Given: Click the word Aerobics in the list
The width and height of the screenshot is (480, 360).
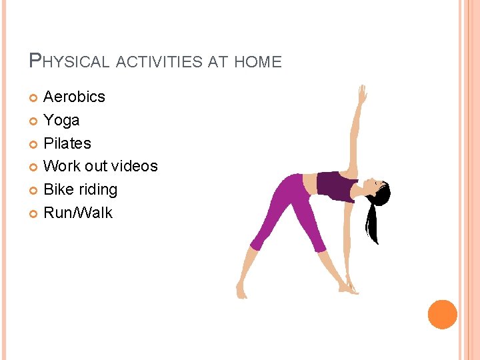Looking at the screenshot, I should (x=74, y=97).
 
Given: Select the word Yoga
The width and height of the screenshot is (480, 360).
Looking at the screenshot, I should (x=61, y=120).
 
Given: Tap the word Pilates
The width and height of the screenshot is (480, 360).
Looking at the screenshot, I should (x=67, y=143).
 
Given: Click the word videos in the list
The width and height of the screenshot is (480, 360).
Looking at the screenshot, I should (x=134, y=166).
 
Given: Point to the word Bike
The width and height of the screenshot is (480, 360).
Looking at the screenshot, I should (x=58, y=189).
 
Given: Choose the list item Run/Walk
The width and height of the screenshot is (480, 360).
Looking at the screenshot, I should (x=78, y=213).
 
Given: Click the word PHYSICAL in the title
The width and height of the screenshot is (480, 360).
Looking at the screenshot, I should (x=70, y=62).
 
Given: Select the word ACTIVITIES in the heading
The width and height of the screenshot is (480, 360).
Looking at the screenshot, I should (x=161, y=62).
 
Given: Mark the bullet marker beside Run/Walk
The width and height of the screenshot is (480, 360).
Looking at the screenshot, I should (x=35, y=214).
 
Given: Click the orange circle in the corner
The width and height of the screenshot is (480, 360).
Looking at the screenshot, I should (x=442, y=314).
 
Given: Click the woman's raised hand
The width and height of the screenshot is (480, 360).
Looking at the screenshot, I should (x=362, y=94).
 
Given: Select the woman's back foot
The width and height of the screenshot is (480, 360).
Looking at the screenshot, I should (x=241, y=291).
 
